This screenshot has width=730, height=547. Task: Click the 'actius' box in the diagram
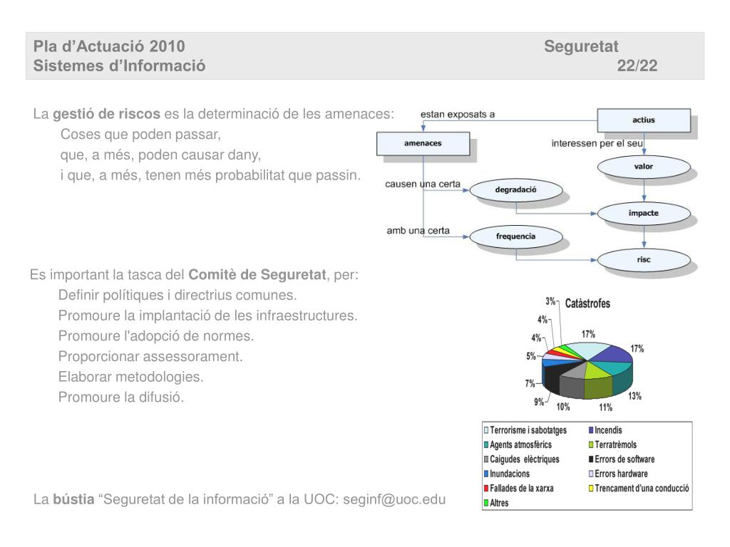pyautogui.click(x=643, y=120)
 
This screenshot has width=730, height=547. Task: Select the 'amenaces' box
pyautogui.click(x=423, y=144)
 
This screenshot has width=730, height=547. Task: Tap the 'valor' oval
pyautogui.click(x=643, y=167)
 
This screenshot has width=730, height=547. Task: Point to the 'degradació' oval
pyautogui.click(x=515, y=190)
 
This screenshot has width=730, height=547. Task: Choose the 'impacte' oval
pyautogui.click(x=643, y=213)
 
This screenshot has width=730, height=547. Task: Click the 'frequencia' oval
pyautogui.click(x=515, y=236)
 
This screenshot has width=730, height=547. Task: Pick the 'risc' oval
pyautogui.click(x=643, y=260)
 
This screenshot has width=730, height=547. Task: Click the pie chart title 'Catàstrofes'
pyautogui.click(x=587, y=303)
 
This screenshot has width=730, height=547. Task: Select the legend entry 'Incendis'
pyautogui.click(x=607, y=430)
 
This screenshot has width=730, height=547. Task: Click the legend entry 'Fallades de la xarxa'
pyautogui.click(x=520, y=488)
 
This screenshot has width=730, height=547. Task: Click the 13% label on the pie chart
pyautogui.click(x=634, y=397)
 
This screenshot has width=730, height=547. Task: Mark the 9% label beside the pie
pyautogui.click(x=539, y=402)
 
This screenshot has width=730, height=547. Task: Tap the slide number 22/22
pyautogui.click(x=637, y=66)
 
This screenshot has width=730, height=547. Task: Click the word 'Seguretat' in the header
pyautogui.click(x=581, y=47)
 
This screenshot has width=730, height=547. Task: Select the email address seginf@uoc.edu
pyautogui.click(x=394, y=499)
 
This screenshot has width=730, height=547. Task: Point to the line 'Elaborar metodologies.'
pyautogui.click(x=130, y=377)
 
